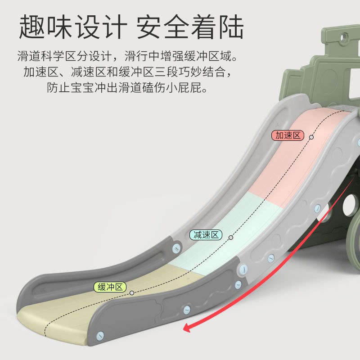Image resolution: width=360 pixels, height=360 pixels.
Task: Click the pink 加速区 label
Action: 288,135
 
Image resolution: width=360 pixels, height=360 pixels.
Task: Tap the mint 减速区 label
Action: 206,234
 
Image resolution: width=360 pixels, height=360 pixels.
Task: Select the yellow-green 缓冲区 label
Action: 110,287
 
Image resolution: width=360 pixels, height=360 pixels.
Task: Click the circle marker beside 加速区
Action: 311,136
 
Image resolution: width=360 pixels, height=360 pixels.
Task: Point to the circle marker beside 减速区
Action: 231,237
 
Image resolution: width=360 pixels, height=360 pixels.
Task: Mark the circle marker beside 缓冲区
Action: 132,292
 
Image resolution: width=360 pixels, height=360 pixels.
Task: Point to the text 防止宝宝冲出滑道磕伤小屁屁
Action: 128,87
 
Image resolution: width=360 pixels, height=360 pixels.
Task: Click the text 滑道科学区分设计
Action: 63,57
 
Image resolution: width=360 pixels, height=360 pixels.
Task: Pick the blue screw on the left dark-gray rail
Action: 176,248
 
